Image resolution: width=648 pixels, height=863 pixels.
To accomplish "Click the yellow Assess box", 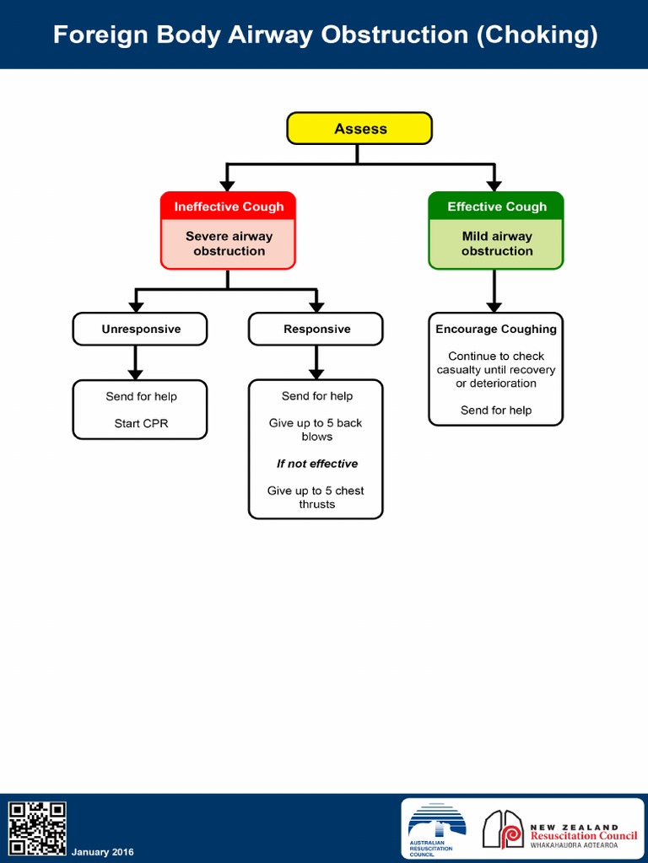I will pos(359,129).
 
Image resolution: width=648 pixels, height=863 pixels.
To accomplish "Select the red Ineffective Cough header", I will pos(229,206).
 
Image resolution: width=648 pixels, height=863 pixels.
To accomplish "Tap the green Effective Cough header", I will pos(496,206).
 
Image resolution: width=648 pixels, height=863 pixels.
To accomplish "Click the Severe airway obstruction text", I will pos(229,244).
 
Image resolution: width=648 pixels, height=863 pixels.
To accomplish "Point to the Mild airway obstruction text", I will pos(496,244).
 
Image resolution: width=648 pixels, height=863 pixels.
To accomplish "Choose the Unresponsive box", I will pos(140,329).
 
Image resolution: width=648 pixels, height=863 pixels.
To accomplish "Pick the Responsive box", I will pos(316,329).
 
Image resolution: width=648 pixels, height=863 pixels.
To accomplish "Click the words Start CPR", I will pos(141,423).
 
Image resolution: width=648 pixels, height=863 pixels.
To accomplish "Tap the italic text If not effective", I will pos(316,464).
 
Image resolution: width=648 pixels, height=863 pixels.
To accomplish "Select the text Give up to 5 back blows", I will pos(316,430).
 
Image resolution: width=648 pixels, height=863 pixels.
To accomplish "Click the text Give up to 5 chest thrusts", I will pos(316,497).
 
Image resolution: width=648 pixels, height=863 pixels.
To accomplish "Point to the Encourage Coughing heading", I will pos(496,329).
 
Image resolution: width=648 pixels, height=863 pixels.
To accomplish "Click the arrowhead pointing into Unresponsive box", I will pos(135,306).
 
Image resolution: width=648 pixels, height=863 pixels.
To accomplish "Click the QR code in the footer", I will pos(37,828).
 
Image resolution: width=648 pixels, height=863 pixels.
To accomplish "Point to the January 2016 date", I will pos(102,852).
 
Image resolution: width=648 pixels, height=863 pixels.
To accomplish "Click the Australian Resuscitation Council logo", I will pos(436,829).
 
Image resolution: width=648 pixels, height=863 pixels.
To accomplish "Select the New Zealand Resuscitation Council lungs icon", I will pos(503,829).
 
